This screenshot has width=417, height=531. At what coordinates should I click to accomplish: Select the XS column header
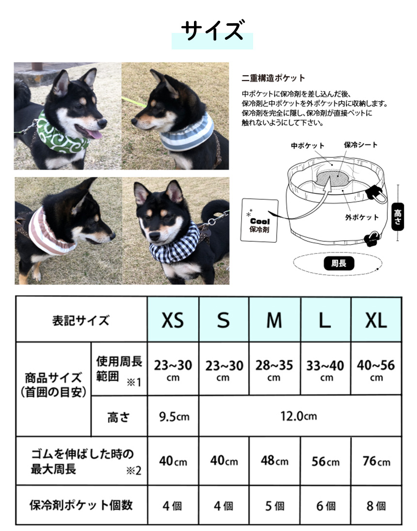pyautogui.click(x=173, y=320)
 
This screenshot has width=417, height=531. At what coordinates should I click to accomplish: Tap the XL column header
pyautogui.click(x=376, y=320)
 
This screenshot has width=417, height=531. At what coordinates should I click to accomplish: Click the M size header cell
pyautogui.click(x=274, y=320)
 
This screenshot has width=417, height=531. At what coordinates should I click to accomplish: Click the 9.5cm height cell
pyautogui.click(x=173, y=416)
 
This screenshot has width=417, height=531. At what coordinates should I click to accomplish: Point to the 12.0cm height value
pyautogui.click(x=299, y=416)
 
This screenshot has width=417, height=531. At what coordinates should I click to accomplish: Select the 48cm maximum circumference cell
pyautogui.click(x=274, y=461)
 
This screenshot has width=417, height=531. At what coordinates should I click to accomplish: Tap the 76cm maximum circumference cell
pyautogui.click(x=376, y=461)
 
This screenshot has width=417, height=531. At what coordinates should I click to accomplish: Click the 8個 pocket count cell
pyautogui.click(x=376, y=506)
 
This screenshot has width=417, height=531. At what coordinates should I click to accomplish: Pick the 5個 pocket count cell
pyautogui.click(x=274, y=506)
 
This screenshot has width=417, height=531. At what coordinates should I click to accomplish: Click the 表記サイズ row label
pyautogui.click(x=81, y=320)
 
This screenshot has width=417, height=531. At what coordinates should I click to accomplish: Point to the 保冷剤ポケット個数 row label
pyautogui.click(x=81, y=505)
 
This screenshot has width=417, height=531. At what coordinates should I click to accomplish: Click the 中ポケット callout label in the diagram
pyautogui.click(x=307, y=145)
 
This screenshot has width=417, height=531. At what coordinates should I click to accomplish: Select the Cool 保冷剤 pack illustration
pyautogui.click(x=259, y=220)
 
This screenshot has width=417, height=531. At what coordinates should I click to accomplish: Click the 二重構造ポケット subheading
pyautogui.click(x=273, y=78)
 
